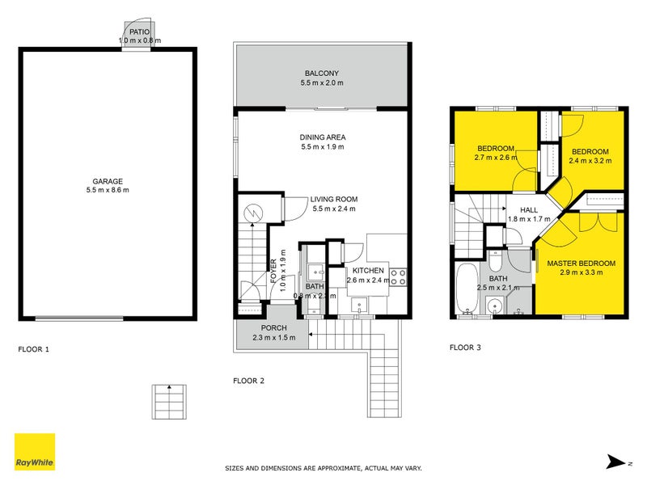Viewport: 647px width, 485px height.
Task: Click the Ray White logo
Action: pos(35,452)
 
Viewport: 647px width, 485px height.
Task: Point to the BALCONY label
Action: pos(322,72)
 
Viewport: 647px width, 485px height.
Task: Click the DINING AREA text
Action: pos(322,137)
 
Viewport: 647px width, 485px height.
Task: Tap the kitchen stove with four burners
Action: pos(398,277)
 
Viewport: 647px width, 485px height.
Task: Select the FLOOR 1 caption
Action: pos(34,350)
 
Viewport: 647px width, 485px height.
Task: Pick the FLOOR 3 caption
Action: pos(465,348)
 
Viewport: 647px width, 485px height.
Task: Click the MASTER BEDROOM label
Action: pos(581,264)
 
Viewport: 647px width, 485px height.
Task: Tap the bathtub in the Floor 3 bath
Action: pos(467,287)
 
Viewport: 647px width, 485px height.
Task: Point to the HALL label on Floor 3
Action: pos(528,210)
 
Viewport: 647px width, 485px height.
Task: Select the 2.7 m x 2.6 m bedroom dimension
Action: pos(495,159)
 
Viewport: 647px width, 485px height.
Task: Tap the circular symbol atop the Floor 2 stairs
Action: pos(253,213)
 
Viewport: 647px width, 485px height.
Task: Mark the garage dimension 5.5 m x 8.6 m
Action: pos(107,190)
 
